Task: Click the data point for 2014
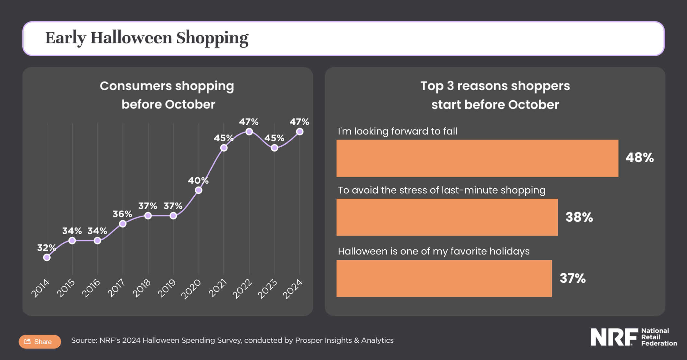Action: click(47, 257)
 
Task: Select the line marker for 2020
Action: click(199, 190)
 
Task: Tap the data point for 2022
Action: click(249, 131)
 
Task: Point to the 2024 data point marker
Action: click(300, 131)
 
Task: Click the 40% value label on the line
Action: click(198, 180)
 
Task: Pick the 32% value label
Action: click(46, 248)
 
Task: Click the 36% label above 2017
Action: click(122, 214)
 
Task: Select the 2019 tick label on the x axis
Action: click(167, 288)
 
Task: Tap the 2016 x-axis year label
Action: click(91, 288)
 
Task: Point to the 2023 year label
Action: click(267, 289)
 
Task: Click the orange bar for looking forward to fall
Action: click(477, 158)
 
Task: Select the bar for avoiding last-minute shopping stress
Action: click(447, 217)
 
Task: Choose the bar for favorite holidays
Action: click(444, 278)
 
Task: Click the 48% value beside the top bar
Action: click(639, 158)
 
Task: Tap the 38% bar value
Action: click(579, 217)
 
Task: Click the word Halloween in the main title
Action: click(131, 38)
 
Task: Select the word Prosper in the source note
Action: click(307, 340)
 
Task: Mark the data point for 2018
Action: click(148, 216)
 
